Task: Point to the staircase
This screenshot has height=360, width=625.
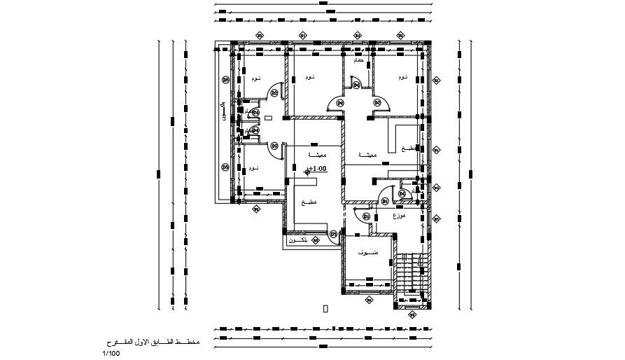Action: click(411, 270)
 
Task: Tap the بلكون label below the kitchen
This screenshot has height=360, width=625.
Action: click(299, 240)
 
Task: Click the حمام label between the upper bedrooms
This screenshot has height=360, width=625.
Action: click(358, 62)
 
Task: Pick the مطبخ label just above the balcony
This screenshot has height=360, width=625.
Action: click(309, 202)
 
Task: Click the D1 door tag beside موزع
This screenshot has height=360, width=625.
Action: click(366, 217)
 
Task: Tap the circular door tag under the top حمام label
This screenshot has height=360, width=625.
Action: click(356, 85)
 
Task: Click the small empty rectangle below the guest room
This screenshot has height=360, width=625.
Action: click(325, 307)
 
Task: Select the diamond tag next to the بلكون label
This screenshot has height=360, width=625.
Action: click(316, 240)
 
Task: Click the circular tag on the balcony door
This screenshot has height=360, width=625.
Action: click(334, 233)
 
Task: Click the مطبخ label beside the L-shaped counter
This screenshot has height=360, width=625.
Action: click(408, 149)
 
